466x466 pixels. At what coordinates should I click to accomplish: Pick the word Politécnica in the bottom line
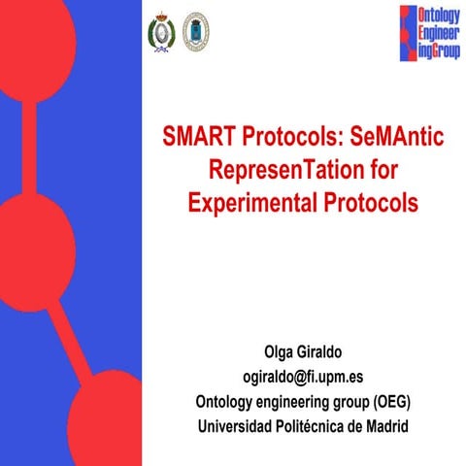pos(302,426)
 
